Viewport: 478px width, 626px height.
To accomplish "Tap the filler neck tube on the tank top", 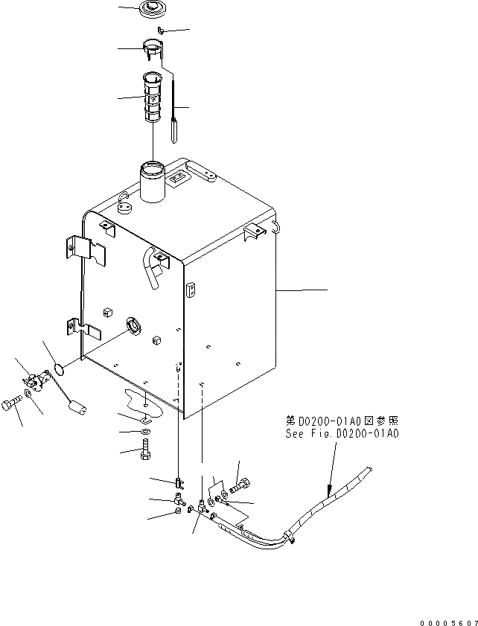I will pos(152,182).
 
